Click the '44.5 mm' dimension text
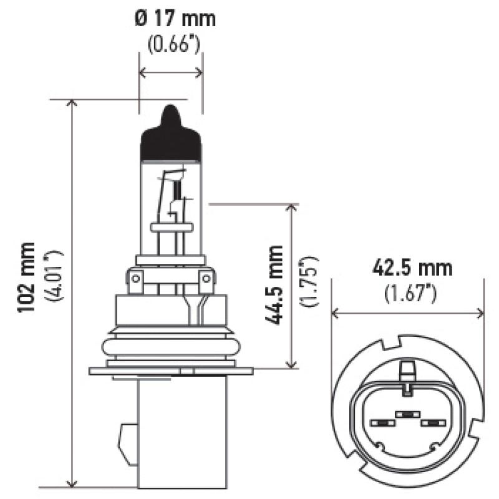coord(274,284)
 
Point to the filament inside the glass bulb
coord(177,193)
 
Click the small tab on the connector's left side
coord(128,443)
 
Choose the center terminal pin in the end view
coord(406,414)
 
